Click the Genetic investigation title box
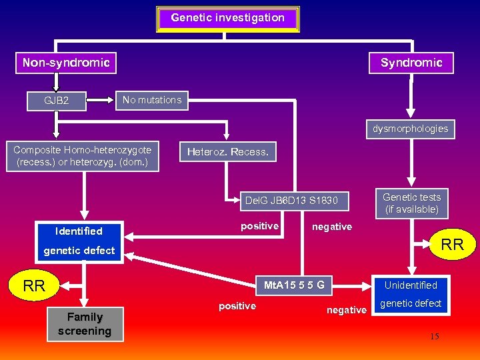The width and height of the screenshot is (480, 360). pyautogui.click(x=227, y=19)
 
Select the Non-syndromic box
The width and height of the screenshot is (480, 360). pyautogui.click(x=66, y=63)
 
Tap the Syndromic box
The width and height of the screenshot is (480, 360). pyautogui.click(x=411, y=63)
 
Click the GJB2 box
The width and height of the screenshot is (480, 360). pyautogui.click(x=57, y=101)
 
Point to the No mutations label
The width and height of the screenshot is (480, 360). pyautogui.click(x=152, y=100)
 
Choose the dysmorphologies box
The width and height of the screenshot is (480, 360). pyautogui.click(x=410, y=128)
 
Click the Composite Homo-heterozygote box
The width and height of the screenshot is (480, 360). pyautogui.click(x=83, y=156)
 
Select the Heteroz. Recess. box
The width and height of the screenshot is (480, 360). pyautogui.click(x=228, y=152)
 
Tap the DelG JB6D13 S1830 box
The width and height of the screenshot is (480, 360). pyautogui.click(x=291, y=200)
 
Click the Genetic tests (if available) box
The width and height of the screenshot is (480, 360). pyautogui.click(x=411, y=203)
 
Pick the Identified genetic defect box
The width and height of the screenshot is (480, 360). pyautogui.click(x=79, y=241)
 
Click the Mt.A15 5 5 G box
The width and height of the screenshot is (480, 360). pyautogui.click(x=294, y=285)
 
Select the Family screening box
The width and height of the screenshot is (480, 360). pyautogui.click(x=85, y=324)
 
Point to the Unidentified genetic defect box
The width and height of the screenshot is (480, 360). pyautogui.click(x=411, y=294)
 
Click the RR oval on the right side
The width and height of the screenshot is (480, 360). pyautogui.click(x=452, y=245)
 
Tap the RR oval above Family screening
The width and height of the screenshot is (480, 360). pyautogui.click(x=34, y=286)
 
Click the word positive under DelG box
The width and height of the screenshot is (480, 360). pyautogui.click(x=259, y=226)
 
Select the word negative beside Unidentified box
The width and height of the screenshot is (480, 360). pyautogui.click(x=346, y=310)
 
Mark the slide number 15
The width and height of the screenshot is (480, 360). pyautogui.click(x=434, y=337)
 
